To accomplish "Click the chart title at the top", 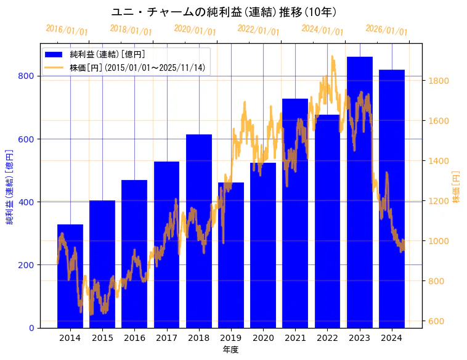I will (x=224, y=12).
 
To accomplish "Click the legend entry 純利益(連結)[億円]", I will (x=107, y=55).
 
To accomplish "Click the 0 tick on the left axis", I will (x=32, y=328).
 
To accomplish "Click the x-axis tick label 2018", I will (x=198, y=338).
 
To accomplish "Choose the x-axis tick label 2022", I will (x=327, y=338).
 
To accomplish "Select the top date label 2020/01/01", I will (x=195, y=30).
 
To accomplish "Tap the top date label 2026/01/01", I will (x=386, y=30).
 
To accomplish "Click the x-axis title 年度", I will (x=230, y=350).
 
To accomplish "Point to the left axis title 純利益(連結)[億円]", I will (x=10, y=187).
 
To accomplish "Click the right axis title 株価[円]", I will (x=456, y=187).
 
